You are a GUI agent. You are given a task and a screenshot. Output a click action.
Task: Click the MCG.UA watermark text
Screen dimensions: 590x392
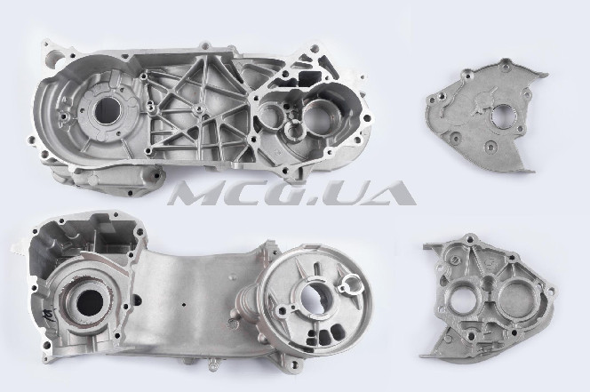click(292, 193)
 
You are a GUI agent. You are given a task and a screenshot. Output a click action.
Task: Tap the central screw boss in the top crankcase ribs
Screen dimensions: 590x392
click(198, 109)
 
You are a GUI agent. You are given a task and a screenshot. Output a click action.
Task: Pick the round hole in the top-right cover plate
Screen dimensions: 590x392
click(501, 116)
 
